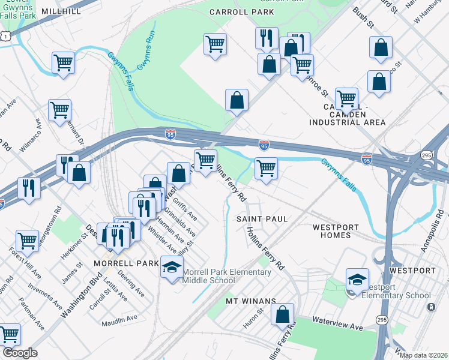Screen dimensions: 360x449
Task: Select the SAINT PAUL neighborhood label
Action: point(262,219)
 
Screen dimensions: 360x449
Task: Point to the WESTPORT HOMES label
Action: point(336,231)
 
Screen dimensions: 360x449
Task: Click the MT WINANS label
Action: point(251,301)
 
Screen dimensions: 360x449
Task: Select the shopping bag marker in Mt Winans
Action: point(282,314)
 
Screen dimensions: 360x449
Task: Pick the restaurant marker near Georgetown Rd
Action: point(29,187)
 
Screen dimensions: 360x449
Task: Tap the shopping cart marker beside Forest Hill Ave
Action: point(28,241)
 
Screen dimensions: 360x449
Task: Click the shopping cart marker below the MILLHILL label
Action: point(63,62)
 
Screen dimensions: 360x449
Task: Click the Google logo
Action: point(20,353)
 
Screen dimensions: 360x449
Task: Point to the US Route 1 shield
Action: point(5,37)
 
